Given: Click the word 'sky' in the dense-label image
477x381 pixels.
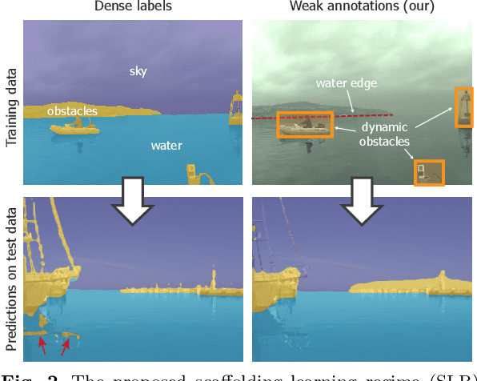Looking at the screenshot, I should click(138, 71).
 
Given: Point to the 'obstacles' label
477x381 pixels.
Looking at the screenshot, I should click(72, 110).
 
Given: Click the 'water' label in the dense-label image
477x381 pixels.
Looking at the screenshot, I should click(166, 146).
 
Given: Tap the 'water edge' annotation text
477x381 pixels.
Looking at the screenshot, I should click(345, 82).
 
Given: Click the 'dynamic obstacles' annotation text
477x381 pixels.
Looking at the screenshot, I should click(383, 134).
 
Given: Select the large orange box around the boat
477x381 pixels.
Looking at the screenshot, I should click(305, 125).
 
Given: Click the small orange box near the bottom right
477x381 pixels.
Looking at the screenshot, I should click(429, 172).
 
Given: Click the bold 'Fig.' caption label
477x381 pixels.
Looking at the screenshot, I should click(17, 375).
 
